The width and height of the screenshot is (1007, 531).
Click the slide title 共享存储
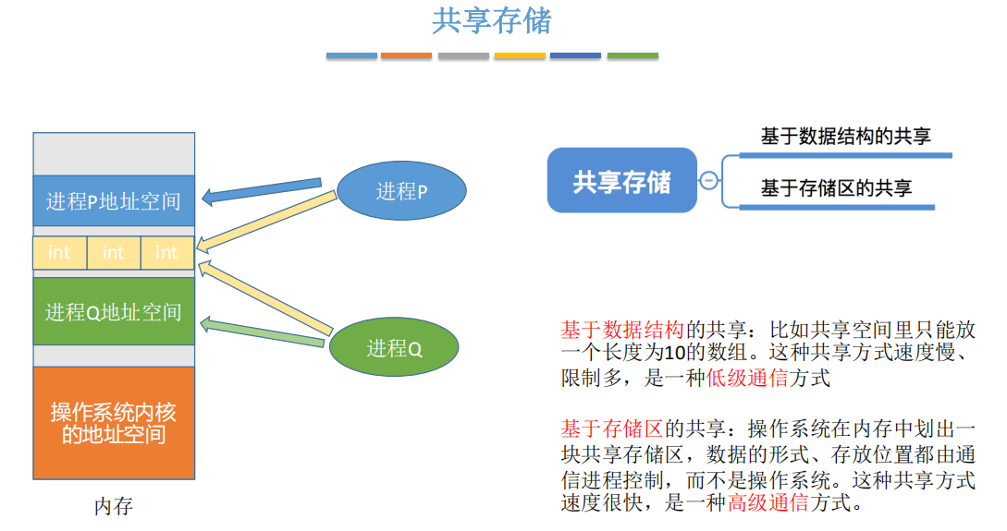[x=491, y=21]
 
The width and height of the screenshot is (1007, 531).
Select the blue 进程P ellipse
[x=400, y=192]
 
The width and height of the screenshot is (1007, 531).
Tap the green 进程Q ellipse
[x=394, y=349]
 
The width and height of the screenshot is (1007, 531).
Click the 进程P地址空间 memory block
[x=114, y=200]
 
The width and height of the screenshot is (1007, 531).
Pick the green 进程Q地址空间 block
[x=114, y=311]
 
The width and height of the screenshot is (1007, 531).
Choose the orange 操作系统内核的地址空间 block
[x=114, y=423]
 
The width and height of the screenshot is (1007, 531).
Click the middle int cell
[x=114, y=253]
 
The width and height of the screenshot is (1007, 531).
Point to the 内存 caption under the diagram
[x=114, y=506]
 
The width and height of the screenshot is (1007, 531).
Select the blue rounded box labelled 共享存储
[x=621, y=181]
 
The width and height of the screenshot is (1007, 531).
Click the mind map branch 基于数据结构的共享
[x=845, y=138]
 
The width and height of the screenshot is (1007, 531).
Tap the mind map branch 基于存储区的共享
[x=836, y=188]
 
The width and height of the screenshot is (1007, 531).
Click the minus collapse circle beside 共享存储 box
[x=709, y=181]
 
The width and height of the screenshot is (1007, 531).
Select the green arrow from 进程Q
[x=263, y=332]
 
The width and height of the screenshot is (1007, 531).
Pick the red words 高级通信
[x=768, y=503]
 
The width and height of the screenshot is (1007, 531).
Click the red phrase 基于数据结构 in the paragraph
[x=621, y=330]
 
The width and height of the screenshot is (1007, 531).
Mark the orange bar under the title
[x=407, y=56]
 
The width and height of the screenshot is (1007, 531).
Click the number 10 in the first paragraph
[x=675, y=354]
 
